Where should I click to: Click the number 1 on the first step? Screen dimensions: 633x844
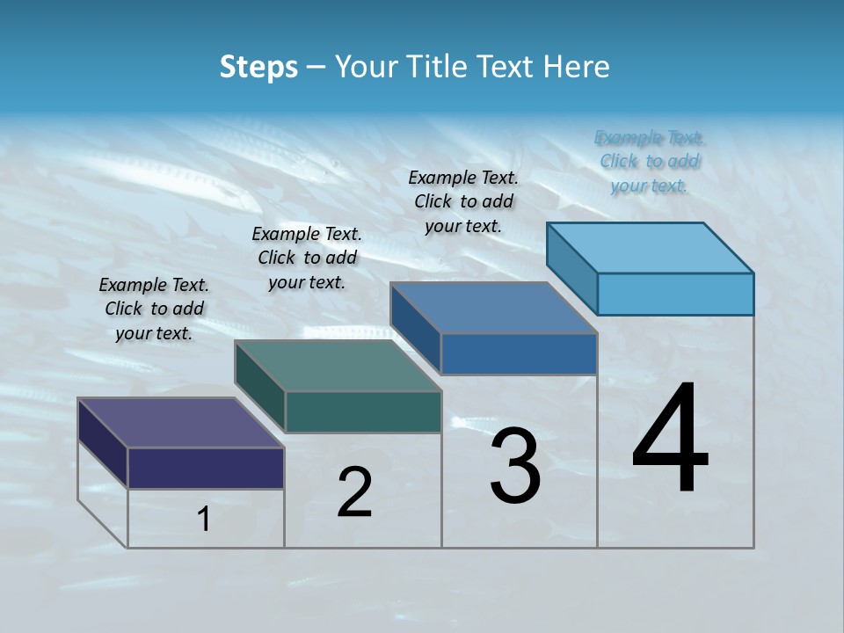coord(204,519)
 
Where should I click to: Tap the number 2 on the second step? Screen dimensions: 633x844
coord(354,492)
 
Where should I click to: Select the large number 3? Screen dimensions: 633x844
coord(515,466)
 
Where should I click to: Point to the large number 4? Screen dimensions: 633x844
coord(670,440)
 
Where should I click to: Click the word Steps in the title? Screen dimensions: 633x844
coord(258,67)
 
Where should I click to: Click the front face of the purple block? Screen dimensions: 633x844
coord(206,468)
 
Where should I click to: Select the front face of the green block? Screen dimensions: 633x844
coord(363,411)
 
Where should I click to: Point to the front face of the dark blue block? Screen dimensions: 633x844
coord(519,353)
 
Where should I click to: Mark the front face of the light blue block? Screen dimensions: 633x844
coord(675,294)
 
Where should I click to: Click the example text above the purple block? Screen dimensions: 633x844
coord(154,309)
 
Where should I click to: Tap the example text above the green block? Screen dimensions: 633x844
coord(307,258)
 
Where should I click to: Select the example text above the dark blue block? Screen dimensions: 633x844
coord(463,201)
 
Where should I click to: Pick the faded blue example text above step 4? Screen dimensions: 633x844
coord(650,161)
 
